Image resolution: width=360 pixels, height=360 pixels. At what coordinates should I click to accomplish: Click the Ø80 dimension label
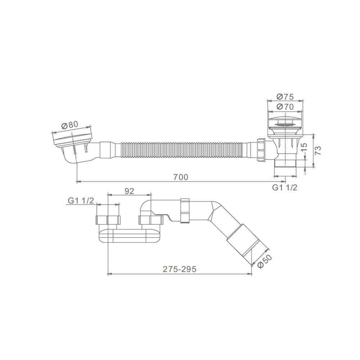tap(70, 125)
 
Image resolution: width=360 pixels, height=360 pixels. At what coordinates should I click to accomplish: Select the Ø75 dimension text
tap(285, 97)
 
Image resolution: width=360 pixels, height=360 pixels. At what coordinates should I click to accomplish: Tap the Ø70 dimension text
tap(285, 107)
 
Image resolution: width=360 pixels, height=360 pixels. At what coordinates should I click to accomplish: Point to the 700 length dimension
tap(181, 177)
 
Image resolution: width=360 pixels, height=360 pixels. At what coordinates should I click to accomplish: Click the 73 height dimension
tap(318, 150)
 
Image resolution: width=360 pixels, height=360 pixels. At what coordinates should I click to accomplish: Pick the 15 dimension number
tap(303, 147)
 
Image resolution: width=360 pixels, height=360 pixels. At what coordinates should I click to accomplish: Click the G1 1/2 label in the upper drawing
tap(285, 188)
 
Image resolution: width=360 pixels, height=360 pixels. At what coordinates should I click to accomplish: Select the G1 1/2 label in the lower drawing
tap(81, 201)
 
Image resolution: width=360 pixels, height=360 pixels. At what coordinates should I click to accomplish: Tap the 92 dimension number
tap(129, 191)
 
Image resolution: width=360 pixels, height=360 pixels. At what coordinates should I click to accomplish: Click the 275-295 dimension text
tap(180, 269)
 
